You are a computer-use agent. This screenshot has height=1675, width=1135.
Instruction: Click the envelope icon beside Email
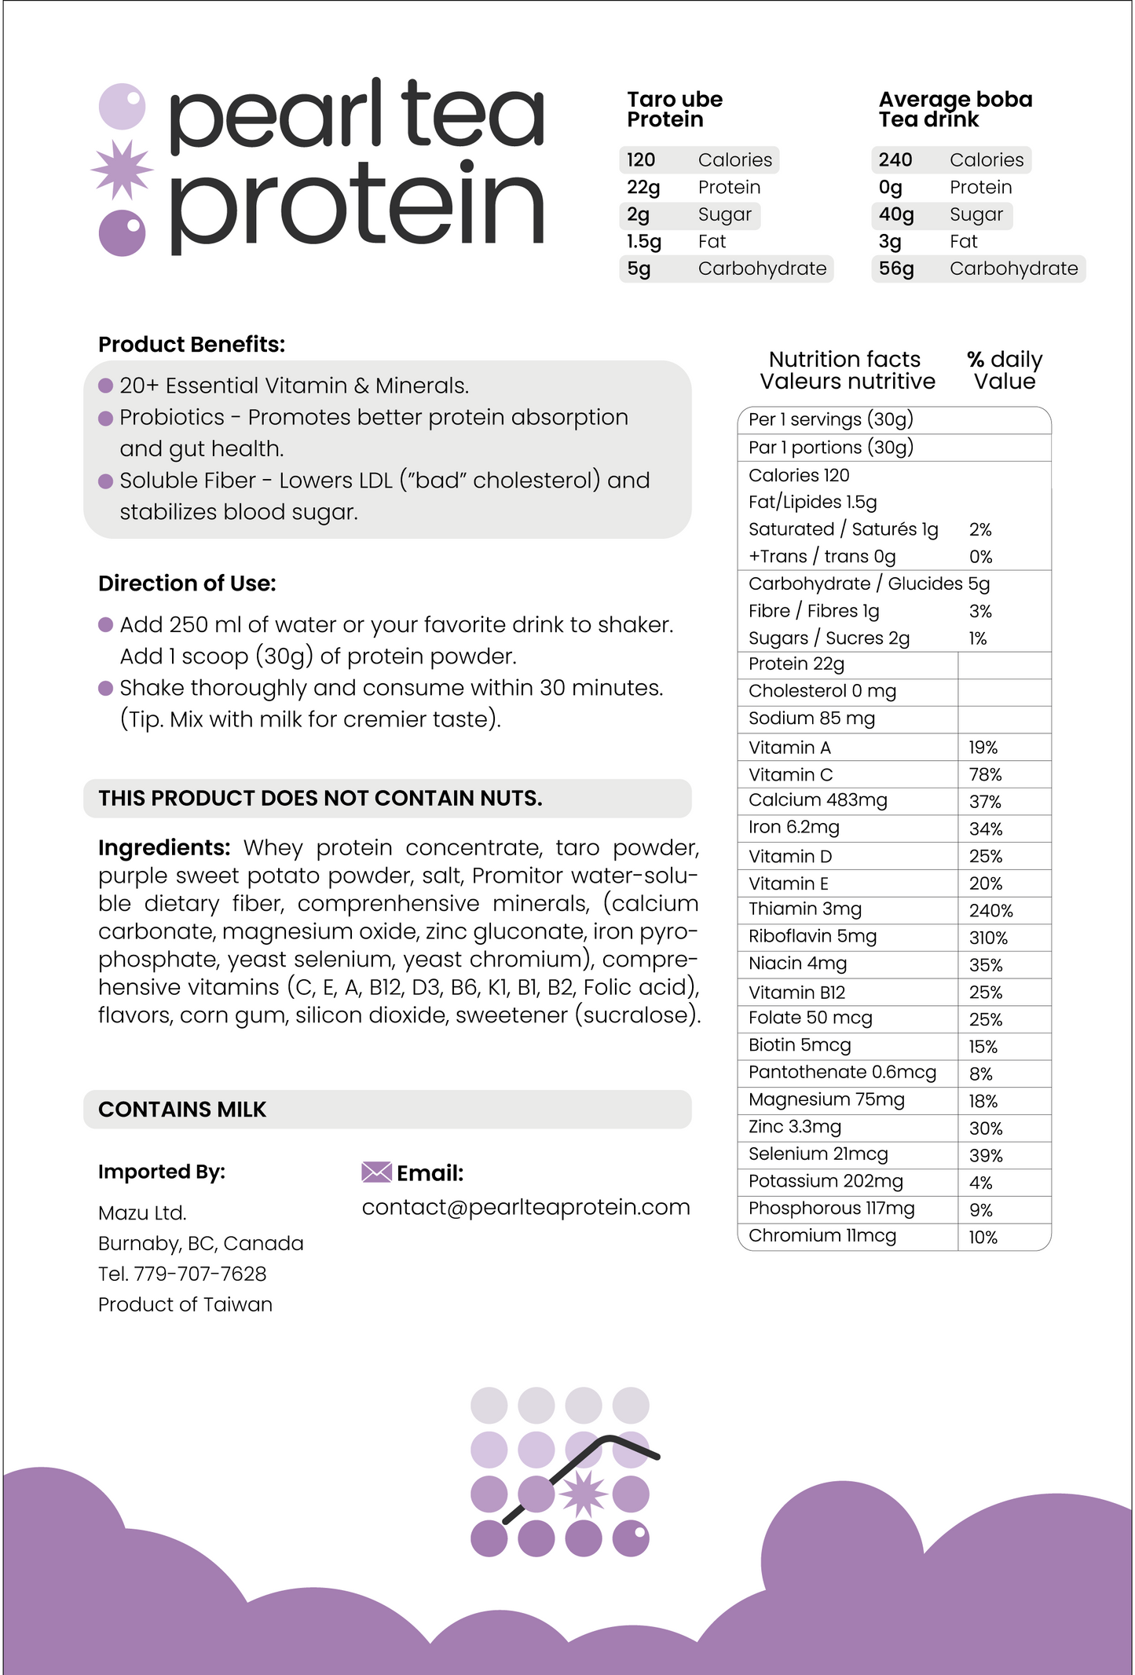376,1172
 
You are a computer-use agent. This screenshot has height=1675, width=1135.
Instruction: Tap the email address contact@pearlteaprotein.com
525,1207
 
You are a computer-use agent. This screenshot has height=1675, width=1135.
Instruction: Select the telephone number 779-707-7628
200,1274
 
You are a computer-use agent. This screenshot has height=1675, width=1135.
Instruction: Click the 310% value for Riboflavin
988,938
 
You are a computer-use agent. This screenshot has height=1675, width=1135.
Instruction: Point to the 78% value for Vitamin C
985,774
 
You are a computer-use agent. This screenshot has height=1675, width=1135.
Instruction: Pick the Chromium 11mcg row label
822,1235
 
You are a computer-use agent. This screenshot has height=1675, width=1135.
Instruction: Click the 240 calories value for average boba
895,160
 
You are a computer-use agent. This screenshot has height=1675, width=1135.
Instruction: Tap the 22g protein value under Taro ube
643,188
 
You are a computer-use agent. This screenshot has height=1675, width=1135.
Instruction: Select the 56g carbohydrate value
896,269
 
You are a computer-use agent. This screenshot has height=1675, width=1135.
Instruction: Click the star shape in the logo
122,170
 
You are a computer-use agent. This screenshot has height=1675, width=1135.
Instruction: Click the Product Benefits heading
192,345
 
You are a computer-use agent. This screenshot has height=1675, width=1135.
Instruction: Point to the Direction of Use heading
187,583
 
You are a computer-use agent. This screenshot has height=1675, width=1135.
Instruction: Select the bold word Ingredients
163,848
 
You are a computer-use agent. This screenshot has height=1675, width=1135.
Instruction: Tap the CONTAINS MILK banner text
182,1110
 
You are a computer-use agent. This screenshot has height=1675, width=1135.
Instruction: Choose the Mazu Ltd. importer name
142,1213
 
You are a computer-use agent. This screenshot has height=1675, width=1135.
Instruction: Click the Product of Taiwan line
185,1304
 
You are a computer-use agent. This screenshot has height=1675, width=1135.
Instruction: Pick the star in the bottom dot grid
583,1494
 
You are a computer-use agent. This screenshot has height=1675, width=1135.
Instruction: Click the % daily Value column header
1005,371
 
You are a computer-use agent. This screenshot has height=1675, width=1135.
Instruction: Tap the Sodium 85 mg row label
811,719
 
